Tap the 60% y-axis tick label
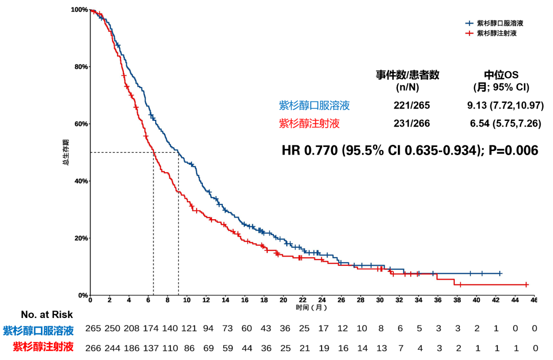point(80,124)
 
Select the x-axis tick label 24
point(322,300)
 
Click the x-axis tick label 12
point(206,300)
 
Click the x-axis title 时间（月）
point(311,308)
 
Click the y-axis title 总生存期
point(66,152)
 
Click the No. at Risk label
point(47,314)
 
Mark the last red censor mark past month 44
point(526,284)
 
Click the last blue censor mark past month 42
point(500,273)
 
